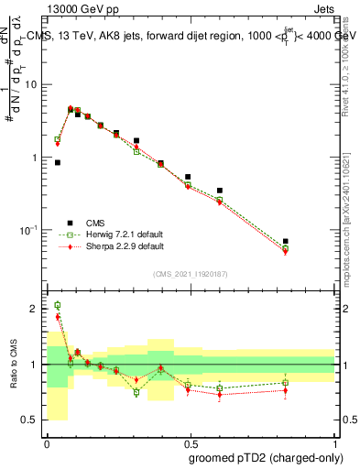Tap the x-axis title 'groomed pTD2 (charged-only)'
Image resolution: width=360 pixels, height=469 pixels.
(x=266, y=458)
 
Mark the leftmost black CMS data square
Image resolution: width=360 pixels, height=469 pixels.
(x=58, y=162)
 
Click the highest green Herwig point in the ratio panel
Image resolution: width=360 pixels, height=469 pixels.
(x=58, y=305)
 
